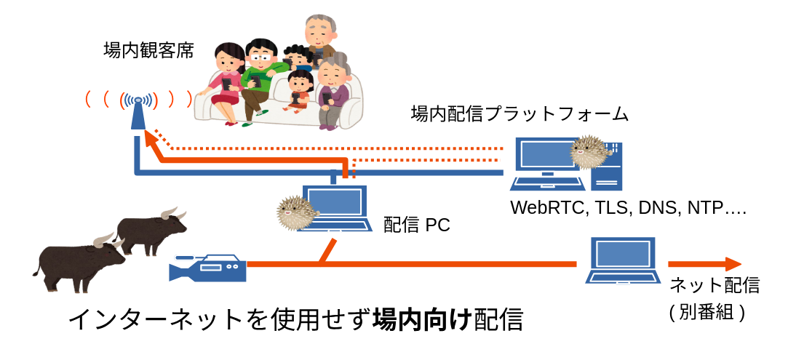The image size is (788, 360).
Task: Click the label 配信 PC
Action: (417, 225)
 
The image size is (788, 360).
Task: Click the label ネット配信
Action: (715, 285)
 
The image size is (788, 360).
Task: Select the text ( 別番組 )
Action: (707, 312)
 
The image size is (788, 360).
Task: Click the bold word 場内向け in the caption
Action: (422, 320)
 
